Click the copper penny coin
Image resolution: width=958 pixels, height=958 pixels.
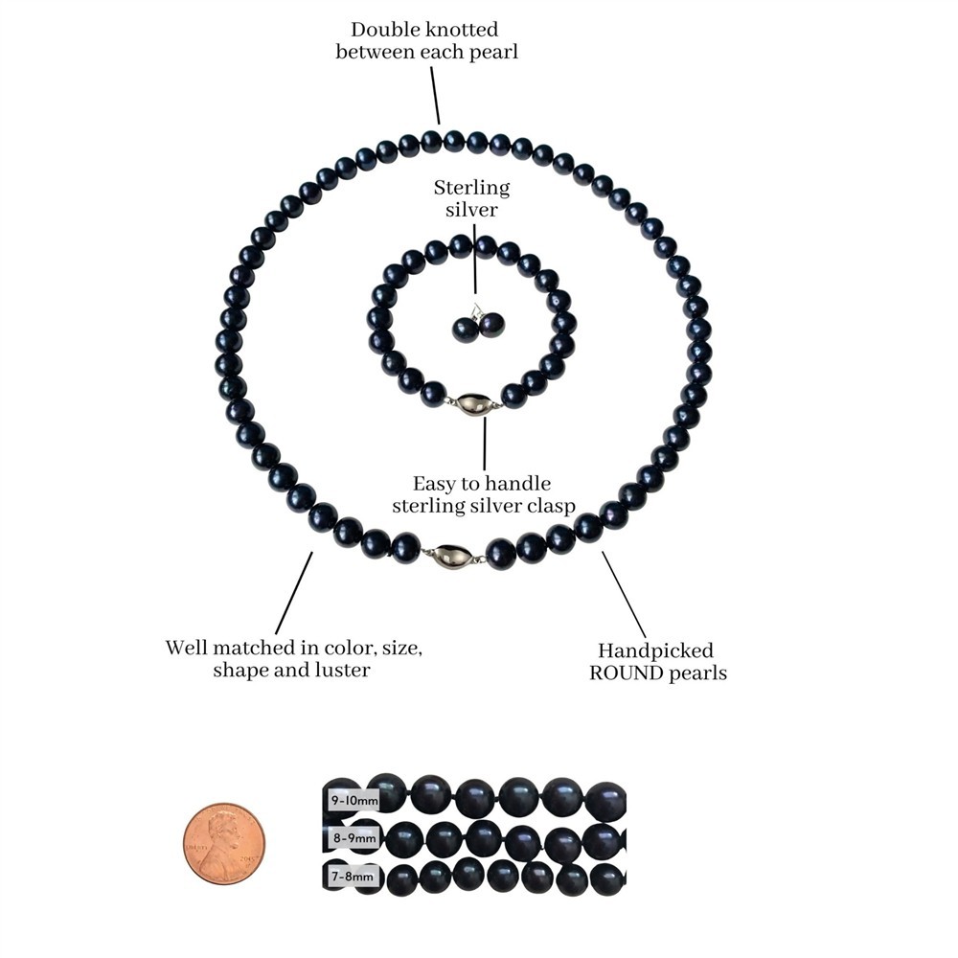click(224, 843)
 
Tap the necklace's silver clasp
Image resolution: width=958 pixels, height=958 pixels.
click(453, 556)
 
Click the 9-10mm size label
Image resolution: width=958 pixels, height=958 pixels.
click(354, 800)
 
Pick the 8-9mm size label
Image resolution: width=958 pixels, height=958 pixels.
click(354, 837)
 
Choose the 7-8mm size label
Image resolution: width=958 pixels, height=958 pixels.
click(352, 877)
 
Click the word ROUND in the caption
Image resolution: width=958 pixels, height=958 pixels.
click(627, 673)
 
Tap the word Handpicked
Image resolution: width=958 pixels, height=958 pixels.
click(655, 650)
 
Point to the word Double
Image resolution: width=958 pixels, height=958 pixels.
click(380, 30)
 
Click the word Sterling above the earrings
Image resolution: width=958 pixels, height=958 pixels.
click(471, 188)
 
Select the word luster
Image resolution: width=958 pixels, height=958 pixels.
click(343, 671)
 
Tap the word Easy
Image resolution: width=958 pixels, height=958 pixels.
click(434, 484)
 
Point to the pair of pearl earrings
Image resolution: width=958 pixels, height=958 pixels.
click(480, 327)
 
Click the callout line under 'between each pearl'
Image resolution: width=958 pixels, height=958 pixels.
click(435, 95)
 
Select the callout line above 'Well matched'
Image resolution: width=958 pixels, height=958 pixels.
click(294, 593)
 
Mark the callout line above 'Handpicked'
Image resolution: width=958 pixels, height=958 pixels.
click(624, 595)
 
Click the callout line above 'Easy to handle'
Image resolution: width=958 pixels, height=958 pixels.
click(485, 444)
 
